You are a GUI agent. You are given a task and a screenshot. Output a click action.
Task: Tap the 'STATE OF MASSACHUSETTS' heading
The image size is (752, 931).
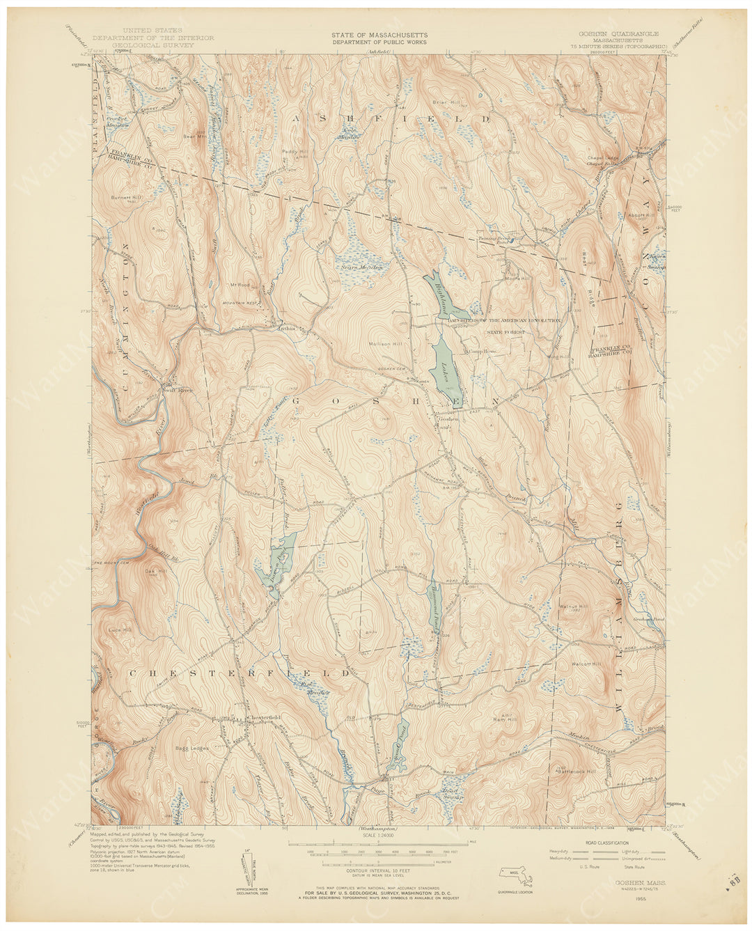coord(380,34)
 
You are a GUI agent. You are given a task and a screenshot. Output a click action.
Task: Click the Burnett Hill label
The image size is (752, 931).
coord(125,198)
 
